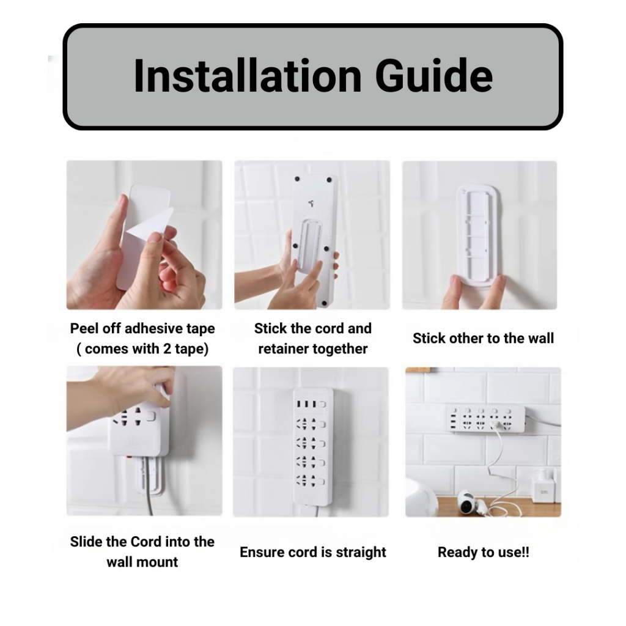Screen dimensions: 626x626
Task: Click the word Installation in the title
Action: pos(248,75)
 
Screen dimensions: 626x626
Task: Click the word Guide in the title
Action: pos(434,75)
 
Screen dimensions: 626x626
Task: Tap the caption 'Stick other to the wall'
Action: pos(483,338)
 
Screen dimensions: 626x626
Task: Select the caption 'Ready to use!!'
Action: pos(484,552)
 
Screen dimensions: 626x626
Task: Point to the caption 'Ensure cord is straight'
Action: pos(312,552)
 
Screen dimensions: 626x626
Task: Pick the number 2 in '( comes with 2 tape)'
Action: pos(168,348)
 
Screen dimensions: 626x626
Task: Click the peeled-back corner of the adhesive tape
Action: pos(153,224)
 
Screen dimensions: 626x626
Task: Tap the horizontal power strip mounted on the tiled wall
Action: pos(485,419)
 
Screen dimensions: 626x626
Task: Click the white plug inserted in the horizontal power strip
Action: pos(495,425)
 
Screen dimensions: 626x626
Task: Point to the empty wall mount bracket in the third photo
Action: pos(477,235)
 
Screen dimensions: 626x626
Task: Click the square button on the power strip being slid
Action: pos(150,416)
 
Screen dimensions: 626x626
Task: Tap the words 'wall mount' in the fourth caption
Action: pos(142,562)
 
